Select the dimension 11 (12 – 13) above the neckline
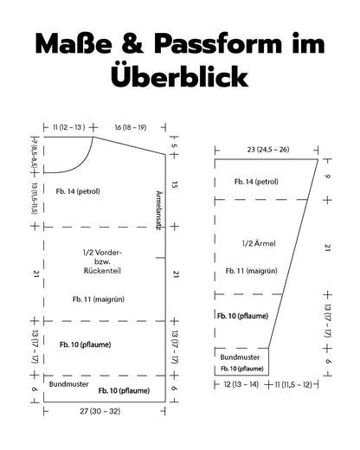(x=68, y=127)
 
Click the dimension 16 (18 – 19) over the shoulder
(x=131, y=127)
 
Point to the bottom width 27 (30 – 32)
(x=100, y=411)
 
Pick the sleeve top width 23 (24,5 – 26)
(x=268, y=150)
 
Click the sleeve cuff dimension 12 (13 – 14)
(x=241, y=384)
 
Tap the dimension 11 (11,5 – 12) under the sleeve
(x=293, y=384)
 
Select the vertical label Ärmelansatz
(x=158, y=210)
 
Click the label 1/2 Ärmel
(x=259, y=243)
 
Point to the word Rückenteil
(x=102, y=271)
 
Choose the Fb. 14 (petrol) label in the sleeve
(x=256, y=182)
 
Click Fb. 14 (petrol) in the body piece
(x=78, y=191)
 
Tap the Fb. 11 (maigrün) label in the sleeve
(x=252, y=271)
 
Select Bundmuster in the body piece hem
(x=68, y=384)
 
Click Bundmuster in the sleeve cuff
(x=240, y=357)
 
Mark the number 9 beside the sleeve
(x=327, y=176)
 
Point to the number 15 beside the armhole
(x=174, y=185)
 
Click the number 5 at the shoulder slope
(x=174, y=145)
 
